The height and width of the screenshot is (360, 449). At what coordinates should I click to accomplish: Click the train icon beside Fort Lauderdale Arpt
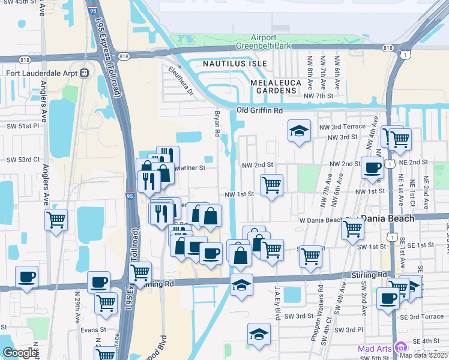click(85, 73)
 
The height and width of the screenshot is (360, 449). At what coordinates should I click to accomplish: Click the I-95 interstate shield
click(130, 196)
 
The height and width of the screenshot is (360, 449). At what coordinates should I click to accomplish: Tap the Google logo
click(20, 353)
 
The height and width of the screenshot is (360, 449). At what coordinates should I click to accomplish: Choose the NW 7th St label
click(318, 96)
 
